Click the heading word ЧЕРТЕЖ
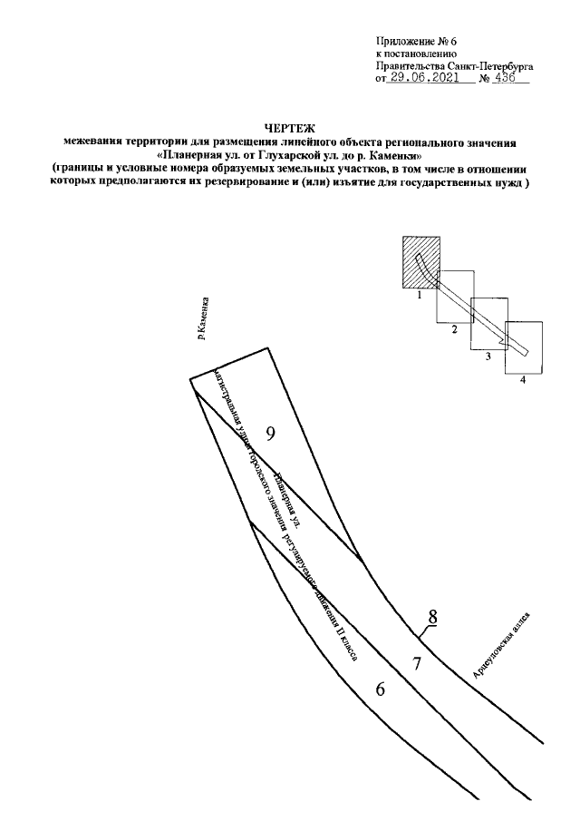click(289, 131)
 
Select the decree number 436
click(504, 79)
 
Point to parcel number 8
click(433, 617)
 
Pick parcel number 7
click(416, 663)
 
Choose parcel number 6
click(381, 689)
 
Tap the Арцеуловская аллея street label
click(501, 645)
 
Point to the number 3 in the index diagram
click(488, 357)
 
